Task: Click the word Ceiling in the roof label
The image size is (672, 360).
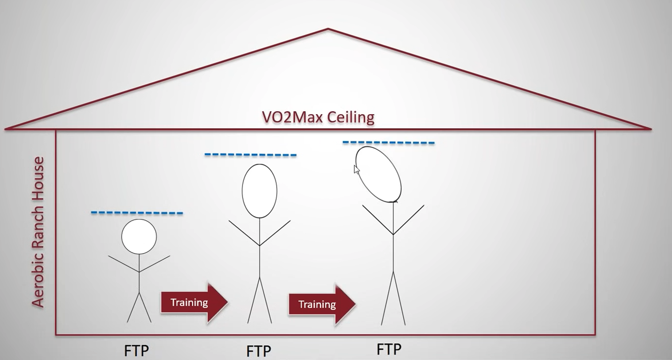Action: click(x=351, y=118)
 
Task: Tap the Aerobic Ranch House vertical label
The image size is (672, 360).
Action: click(x=38, y=232)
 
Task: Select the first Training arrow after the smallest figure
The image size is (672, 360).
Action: click(x=193, y=302)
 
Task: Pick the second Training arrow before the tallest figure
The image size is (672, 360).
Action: click(x=321, y=304)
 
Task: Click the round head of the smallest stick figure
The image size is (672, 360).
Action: click(x=139, y=237)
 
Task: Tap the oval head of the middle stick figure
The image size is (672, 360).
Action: click(x=260, y=191)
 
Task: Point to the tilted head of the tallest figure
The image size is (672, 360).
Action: click(x=378, y=174)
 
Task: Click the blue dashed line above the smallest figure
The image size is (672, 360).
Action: click(x=137, y=213)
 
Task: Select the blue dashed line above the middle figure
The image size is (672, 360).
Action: click(x=250, y=155)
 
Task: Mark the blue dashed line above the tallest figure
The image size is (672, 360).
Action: click(x=388, y=143)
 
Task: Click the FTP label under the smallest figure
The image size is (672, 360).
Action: click(x=136, y=351)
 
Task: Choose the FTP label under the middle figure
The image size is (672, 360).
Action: click(x=259, y=351)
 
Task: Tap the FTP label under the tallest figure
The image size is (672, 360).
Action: click(x=389, y=349)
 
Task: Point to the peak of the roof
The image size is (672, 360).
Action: click(x=328, y=29)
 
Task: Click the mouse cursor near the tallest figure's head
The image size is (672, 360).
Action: click(x=357, y=169)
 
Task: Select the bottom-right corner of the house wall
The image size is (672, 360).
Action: click(x=595, y=335)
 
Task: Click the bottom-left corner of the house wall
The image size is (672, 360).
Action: click(x=56, y=335)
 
